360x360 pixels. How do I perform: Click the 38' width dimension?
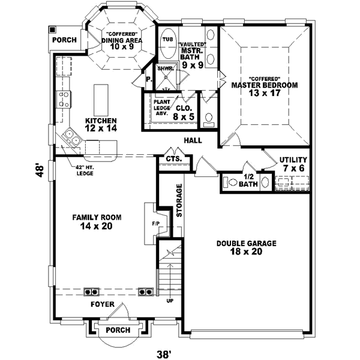pos(164,353)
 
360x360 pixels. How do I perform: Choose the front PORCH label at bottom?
pos(117,331)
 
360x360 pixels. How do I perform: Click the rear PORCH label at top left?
pos(64,41)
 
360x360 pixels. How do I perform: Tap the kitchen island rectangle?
pos(101,96)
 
